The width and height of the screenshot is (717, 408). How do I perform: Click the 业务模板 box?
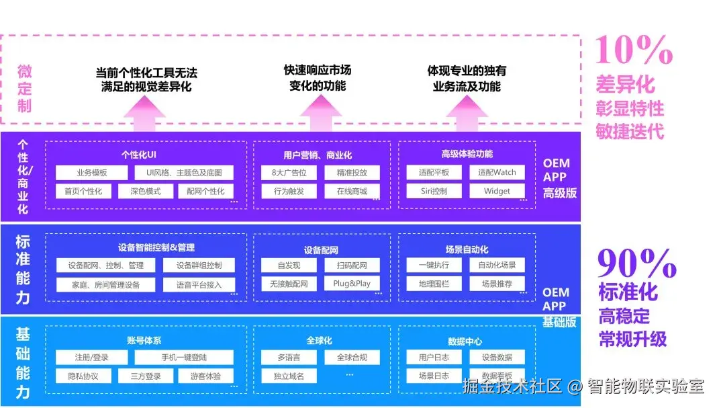pyautogui.click(x=91, y=173)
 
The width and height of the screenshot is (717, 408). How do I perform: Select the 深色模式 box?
pyautogui.click(x=146, y=192)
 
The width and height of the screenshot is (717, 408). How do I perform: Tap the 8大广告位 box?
pyautogui.click(x=289, y=173)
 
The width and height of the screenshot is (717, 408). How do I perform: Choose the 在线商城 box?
pyautogui.click(x=352, y=192)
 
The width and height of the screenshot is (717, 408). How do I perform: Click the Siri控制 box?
pyautogui.click(x=434, y=191)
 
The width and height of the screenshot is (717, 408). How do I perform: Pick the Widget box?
pyautogui.click(x=497, y=191)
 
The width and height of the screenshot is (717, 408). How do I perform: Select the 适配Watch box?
pyautogui.click(x=497, y=172)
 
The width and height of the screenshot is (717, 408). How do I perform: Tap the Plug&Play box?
pyautogui.click(x=352, y=284)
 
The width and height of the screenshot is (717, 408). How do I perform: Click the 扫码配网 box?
pyautogui.click(x=352, y=265)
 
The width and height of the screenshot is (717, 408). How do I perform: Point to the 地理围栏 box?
pyautogui.click(x=434, y=284)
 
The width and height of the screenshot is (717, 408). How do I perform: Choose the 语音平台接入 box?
pyautogui.click(x=199, y=285)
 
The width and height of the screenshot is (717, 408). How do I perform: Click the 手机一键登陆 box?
pyautogui.click(x=184, y=357)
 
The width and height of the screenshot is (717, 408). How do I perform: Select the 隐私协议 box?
pyautogui.click(x=83, y=376)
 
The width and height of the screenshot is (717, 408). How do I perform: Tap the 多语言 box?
pyautogui.click(x=289, y=357)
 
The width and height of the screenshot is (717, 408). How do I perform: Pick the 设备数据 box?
pyautogui.click(x=497, y=357)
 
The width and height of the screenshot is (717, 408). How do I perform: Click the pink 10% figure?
pyautogui.click(x=634, y=50)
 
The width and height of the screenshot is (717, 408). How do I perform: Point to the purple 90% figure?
pyautogui.click(x=636, y=263)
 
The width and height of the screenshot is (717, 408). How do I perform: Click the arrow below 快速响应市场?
pyautogui.click(x=320, y=113)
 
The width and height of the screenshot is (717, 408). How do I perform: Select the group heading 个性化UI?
pyautogui.click(x=138, y=155)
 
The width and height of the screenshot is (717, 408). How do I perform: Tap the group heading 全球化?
pyautogui.click(x=319, y=340)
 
